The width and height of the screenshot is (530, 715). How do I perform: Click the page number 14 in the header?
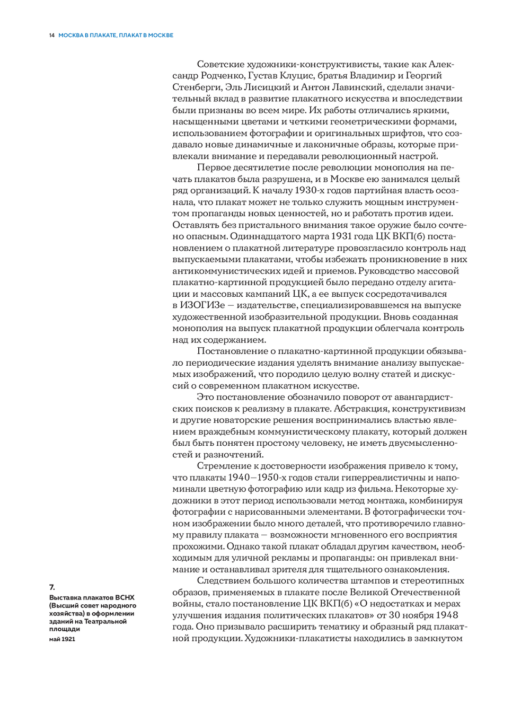[x=51, y=36]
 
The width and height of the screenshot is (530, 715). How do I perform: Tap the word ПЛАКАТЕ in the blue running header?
[x=103, y=36]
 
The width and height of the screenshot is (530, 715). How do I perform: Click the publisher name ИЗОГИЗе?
[x=202, y=305]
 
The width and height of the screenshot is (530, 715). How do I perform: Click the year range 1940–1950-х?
[x=257, y=478]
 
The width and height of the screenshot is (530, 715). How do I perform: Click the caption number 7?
[x=52, y=587]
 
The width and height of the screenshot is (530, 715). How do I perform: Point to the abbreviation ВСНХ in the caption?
[x=124, y=598]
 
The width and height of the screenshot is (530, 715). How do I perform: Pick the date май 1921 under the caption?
[x=62, y=639]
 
